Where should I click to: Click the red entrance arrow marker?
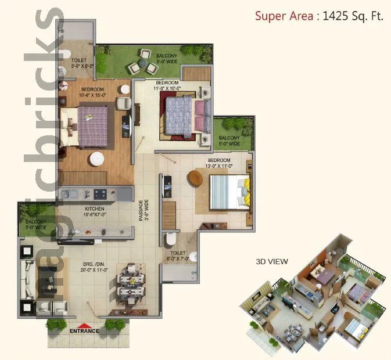tap(85, 326)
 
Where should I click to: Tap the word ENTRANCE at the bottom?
tap(84, 332)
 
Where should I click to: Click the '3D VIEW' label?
tap(272, 261)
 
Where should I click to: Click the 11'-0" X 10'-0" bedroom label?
tap(167, 85)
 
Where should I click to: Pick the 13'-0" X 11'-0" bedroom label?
tap(220, 163)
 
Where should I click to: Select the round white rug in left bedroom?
tap(96, 158)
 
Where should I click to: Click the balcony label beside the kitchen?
tap(36, 224)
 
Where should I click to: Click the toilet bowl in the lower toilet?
tap(169, 239)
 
